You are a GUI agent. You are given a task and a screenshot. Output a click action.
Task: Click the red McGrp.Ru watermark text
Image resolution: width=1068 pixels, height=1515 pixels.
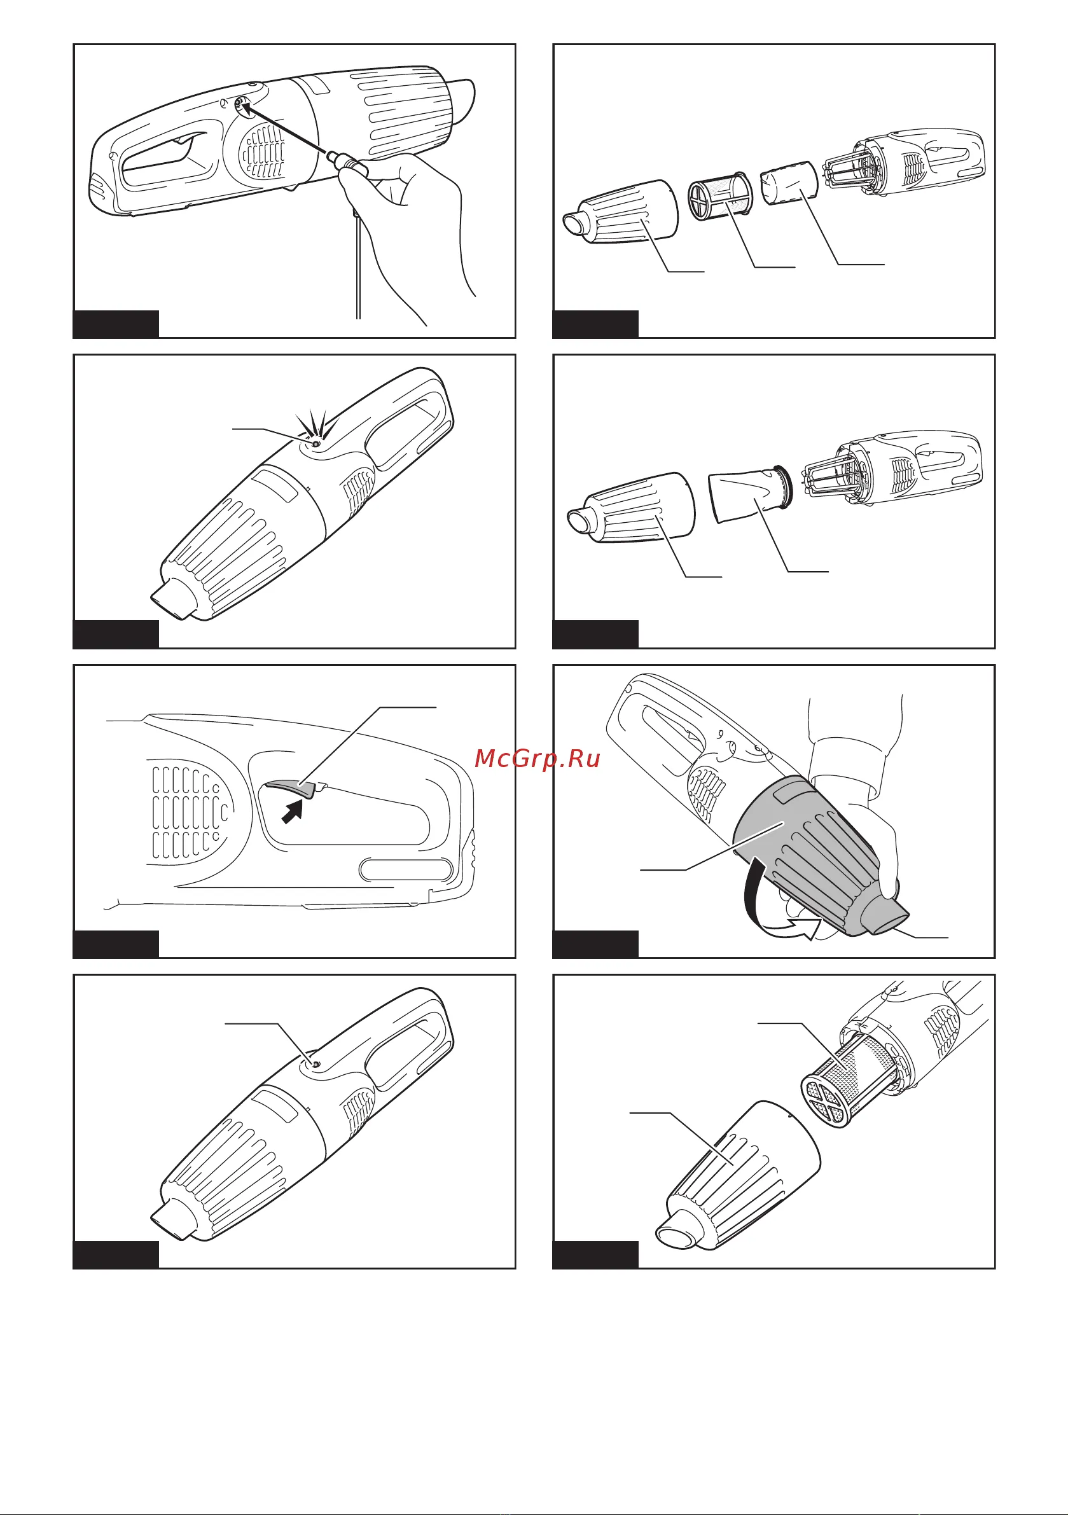pyautogui.click(x=537, y=759)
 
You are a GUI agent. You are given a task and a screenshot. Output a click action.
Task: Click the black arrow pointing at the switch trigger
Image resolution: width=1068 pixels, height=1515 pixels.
pyautogui.click(x=293, y=810)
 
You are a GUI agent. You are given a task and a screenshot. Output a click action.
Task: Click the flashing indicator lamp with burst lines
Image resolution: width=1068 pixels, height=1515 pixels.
pyautogui.click(x=315, y=444)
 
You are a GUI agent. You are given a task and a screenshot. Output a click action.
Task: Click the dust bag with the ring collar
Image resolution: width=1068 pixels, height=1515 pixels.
pyautogui.click(x=750, y=494)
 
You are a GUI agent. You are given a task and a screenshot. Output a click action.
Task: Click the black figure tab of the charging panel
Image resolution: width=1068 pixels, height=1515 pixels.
pyautogui.click(x=116, y=324)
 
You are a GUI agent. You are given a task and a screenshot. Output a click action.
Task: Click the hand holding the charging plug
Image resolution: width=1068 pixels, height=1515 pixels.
pyautogui.click(x=403, y=225)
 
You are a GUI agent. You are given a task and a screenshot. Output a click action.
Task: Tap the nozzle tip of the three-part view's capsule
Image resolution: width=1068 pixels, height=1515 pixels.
pyautogui.click(x=577, y=225)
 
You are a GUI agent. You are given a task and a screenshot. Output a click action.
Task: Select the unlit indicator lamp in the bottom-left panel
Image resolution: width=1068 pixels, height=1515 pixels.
pyautogui.click(x=316, y=1064)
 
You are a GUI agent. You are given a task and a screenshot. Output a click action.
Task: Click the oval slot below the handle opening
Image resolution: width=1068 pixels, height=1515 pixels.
pyautogui.click(x=405, y=869)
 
